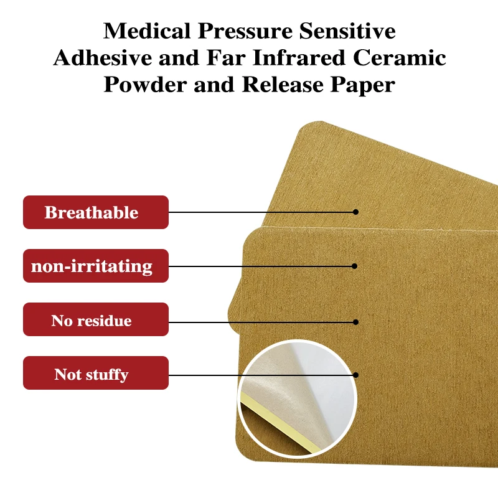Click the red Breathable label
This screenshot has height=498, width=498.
coord(96,212)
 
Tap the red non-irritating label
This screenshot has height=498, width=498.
coord(96,266)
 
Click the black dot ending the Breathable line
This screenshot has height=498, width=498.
coord(356,212)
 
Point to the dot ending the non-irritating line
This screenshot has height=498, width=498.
coord(355,266)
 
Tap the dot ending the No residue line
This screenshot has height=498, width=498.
coord(356,322)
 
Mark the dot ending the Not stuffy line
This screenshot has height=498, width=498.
coord(356,375)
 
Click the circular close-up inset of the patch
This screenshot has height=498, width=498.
coord(298,398)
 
